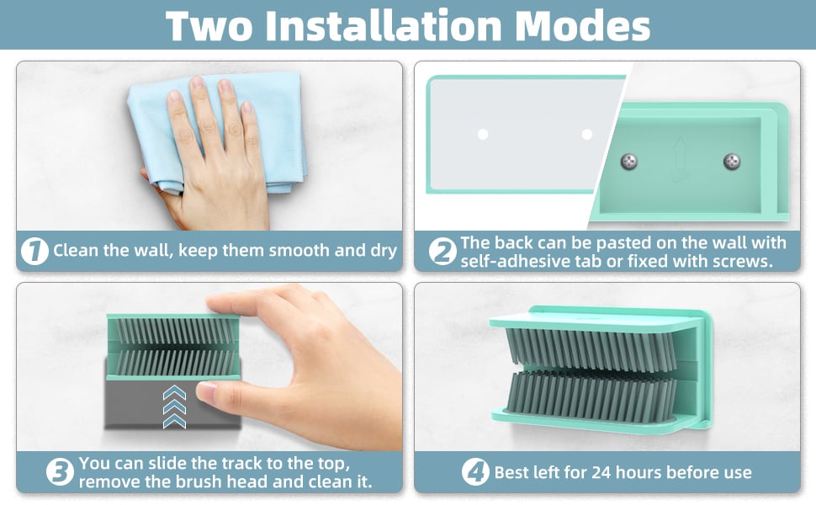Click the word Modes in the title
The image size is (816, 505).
tap(583, 25)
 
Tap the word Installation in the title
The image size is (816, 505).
tap(383, 25)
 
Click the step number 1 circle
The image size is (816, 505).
tap(34, 251)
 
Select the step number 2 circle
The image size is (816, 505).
tap(442, 252)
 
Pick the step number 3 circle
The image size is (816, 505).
tap(60, 472)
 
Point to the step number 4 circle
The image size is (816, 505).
tap(475, 472)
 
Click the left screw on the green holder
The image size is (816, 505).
tap(629, 162)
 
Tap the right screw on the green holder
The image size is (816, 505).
tap(732, 162)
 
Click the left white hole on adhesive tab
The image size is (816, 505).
tap(483, 135)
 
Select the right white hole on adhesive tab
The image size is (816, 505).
tap(587, 135)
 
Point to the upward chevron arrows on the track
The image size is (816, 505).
tap(174, 407)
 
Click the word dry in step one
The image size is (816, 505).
tap(384, 251)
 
